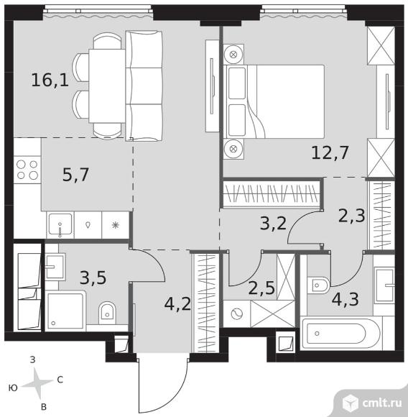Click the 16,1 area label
pos(50,80)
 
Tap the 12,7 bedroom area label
pos(330,153)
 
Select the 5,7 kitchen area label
pos(75,175)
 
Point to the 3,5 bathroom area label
pos(93,278)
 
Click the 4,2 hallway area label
pos(177,304)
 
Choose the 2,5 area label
pos(261,288)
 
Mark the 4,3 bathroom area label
pos(345,300)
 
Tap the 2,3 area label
pos(352,216)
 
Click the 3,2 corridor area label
pos(274,224)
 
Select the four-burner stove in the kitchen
pos(27,170)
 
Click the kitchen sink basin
pos(60,224)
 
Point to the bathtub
pos(340,333)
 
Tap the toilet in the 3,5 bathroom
pos(107,313)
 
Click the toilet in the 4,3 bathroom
pos(318,285)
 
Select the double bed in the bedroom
pos(274,101)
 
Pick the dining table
pos(107,86)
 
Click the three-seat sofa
pos(144,86)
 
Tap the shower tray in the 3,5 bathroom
pos(65,311)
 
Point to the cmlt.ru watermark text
pos(382,403)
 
